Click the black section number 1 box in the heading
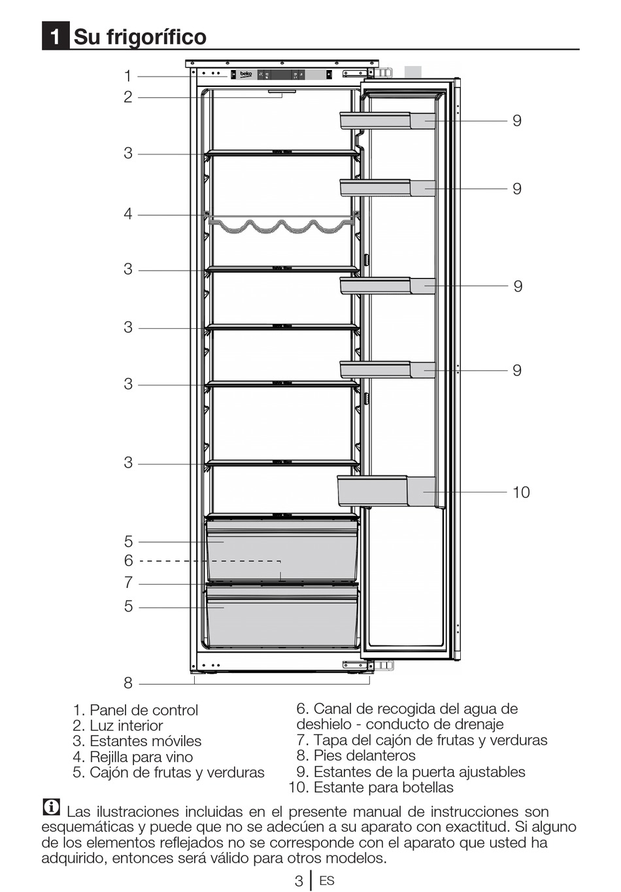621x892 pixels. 56,37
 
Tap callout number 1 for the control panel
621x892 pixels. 128,76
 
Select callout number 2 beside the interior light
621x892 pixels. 128,97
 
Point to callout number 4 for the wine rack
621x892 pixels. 128,214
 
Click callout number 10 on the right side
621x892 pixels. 521,492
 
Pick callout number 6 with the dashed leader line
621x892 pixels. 128,560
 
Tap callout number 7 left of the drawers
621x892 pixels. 128,582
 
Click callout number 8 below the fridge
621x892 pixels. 128,683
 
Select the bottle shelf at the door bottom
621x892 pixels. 386,491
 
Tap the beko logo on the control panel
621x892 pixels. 245,75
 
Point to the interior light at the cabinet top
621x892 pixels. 282,92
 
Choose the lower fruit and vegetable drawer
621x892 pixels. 282,617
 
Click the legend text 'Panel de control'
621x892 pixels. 143,710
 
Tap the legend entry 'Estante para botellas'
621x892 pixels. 383,787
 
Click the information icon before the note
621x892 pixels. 51,808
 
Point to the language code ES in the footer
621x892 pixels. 327,881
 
